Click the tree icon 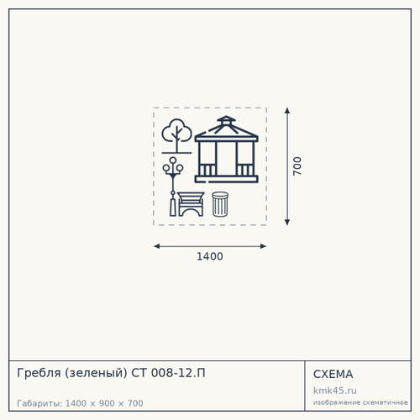176,136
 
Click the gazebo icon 226,150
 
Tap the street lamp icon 173,186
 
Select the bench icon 191,204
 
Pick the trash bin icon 220,204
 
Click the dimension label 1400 210,256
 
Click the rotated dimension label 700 297,166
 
